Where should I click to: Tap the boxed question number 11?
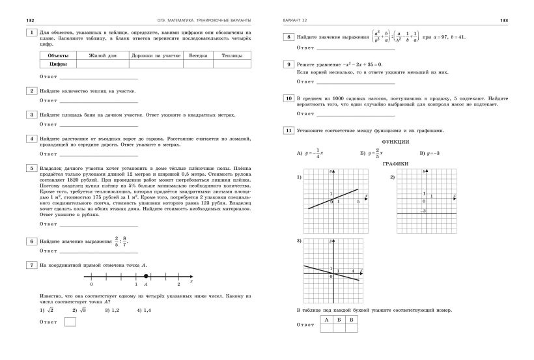[288, 130]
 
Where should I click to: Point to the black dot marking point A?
[146, 276]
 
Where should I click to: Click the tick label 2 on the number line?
[178, 284]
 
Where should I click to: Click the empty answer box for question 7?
[70, 322]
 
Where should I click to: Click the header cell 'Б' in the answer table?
[339, 319]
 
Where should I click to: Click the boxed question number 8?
[288, 38]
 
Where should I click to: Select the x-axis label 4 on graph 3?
[352, 270]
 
